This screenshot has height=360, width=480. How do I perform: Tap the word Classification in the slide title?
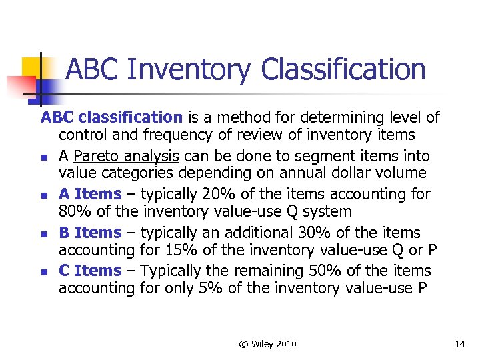click(x=343, y=69)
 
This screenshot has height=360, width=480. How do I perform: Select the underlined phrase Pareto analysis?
click(x=126, y=156)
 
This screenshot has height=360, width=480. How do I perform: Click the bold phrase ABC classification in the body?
click(x=111, y=118)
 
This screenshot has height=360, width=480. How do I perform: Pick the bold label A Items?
click(x=90, y=194)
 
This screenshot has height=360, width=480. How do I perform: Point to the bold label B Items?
click(x=90, y=233)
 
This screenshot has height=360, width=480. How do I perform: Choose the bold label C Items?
click(x=90, y=271)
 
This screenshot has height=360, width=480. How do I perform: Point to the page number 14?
click(x=459, y=344)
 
